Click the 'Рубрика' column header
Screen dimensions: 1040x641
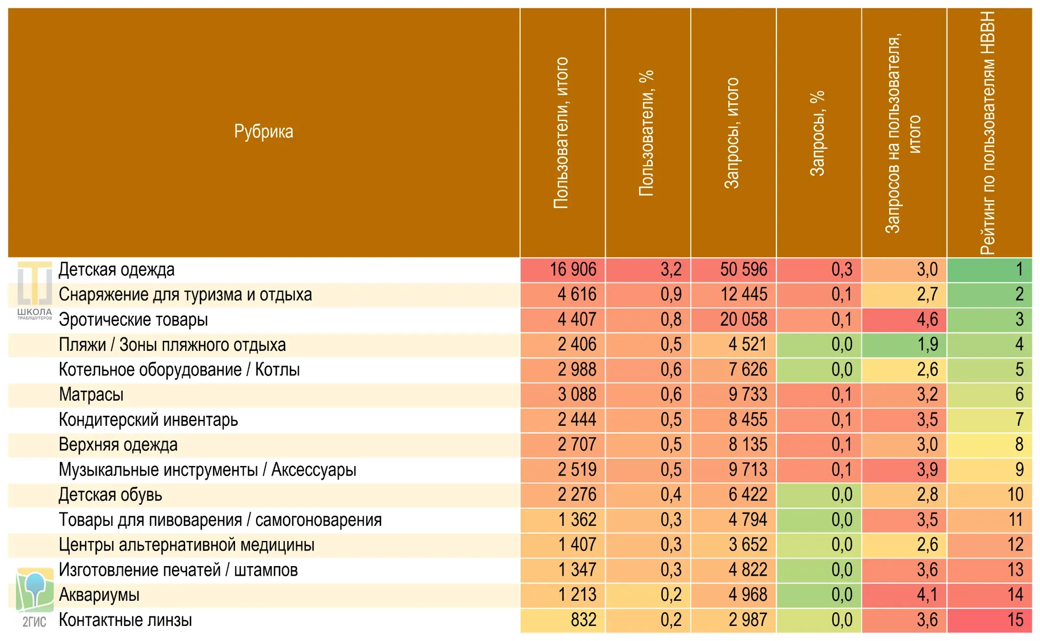pos(263,132)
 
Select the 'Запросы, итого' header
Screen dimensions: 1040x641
pos(732,133)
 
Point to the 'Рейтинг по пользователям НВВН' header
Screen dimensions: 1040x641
pos(988,133)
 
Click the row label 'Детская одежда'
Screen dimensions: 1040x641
pos(117,269)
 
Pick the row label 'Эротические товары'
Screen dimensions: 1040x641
pos(133,320)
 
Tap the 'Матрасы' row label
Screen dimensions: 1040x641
pos(91,395)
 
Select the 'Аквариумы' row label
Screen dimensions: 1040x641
pos(99,595)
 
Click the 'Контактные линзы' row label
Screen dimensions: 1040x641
pos(125,620)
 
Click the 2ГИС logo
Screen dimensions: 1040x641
pos(34,597)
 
